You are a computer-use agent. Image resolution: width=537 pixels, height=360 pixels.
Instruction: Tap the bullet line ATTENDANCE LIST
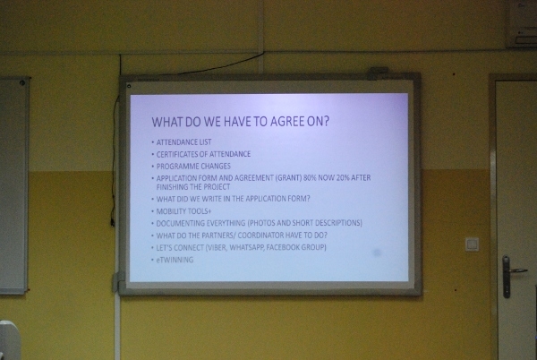(x=183, y=142)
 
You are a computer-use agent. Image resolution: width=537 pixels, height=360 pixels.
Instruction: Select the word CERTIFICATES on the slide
(x=176, y=154)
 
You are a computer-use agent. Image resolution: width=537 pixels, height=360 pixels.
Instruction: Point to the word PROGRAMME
(x=175, y=167)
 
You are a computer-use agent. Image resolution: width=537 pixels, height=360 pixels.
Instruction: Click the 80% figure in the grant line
(x=310, y=178)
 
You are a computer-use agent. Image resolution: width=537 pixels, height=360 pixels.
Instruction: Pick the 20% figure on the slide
(x=343, y=178)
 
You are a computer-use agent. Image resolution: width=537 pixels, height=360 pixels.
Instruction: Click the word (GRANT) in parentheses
(x=288, y=178)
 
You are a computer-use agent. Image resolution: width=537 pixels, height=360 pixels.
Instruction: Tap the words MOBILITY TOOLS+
(x=183, y=211)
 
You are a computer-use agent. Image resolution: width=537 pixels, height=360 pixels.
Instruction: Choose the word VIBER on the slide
(x=216, y=247)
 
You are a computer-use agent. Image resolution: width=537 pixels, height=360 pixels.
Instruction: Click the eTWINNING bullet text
(x=175, y=260)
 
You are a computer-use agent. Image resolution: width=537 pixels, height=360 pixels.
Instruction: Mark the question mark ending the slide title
(x=326, y=121)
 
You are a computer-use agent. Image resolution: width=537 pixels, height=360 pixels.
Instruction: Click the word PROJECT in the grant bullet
(x=217, y=187)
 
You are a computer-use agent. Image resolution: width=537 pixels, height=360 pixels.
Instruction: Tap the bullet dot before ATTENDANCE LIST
(x=153, y=141)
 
